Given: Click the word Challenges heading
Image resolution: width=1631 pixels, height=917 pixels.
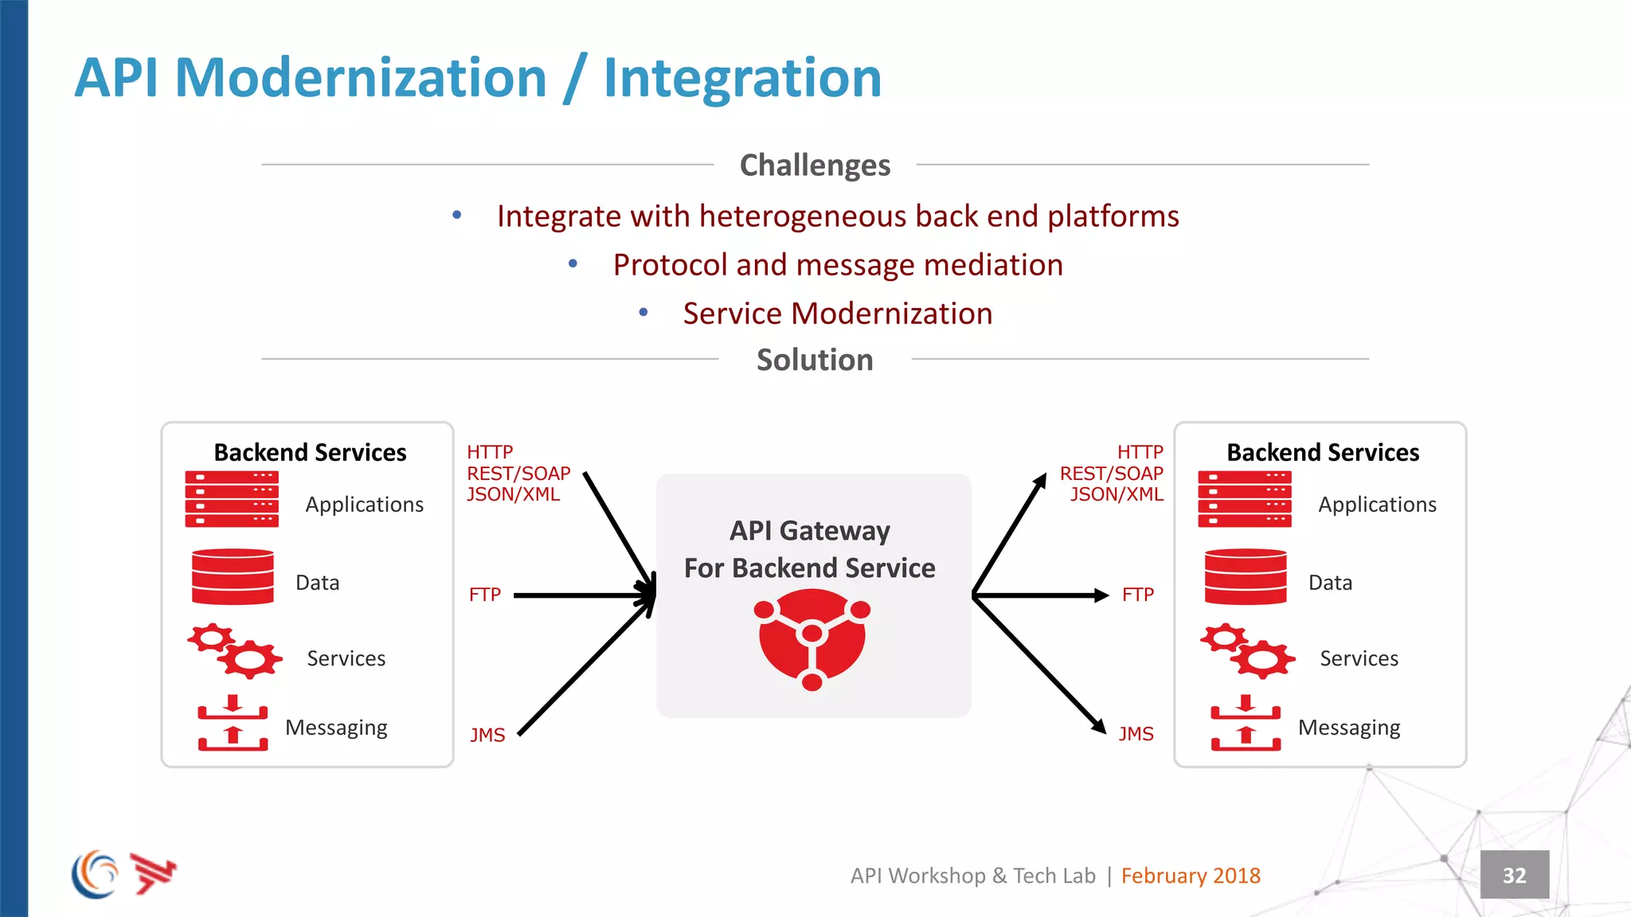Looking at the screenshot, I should pos(815,166).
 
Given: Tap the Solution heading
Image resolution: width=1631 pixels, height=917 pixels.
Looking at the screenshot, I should pos(815,360).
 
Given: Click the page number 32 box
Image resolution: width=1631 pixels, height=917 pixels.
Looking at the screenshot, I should pos(1514,875).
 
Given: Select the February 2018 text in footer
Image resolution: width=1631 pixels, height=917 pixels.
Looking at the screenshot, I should pos(1190,876).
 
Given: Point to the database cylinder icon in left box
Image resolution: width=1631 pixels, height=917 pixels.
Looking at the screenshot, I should pos(233,577).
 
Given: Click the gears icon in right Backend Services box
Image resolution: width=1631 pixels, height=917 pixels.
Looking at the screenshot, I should pos(1247,650).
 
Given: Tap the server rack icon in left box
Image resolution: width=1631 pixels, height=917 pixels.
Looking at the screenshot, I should pos(232,499).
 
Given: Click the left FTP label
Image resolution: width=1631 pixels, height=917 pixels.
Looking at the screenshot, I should pos(484,595).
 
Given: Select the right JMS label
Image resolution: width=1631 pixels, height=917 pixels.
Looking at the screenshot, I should pos(1136,734).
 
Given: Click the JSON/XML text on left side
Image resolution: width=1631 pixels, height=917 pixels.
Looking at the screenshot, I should pos(513,494).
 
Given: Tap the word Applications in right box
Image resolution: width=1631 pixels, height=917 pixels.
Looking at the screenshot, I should pos(1377,505).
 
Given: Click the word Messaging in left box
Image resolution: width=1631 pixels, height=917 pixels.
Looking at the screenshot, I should pos(336,728).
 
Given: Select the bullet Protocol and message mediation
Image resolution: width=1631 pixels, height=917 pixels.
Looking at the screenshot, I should pos(838,265).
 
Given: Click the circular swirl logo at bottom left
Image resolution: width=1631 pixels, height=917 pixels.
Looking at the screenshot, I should pos(95,874).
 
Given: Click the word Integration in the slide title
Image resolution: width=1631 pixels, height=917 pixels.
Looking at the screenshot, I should pos(742,78).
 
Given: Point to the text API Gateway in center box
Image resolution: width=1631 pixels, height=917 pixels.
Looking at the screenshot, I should pos(810,530).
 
